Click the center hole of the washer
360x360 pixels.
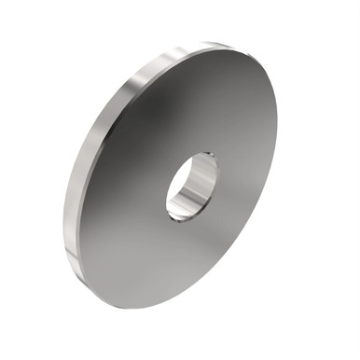coord(191,187)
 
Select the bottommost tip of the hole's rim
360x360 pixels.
coord(179,221)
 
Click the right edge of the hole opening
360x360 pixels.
coord(216,177)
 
